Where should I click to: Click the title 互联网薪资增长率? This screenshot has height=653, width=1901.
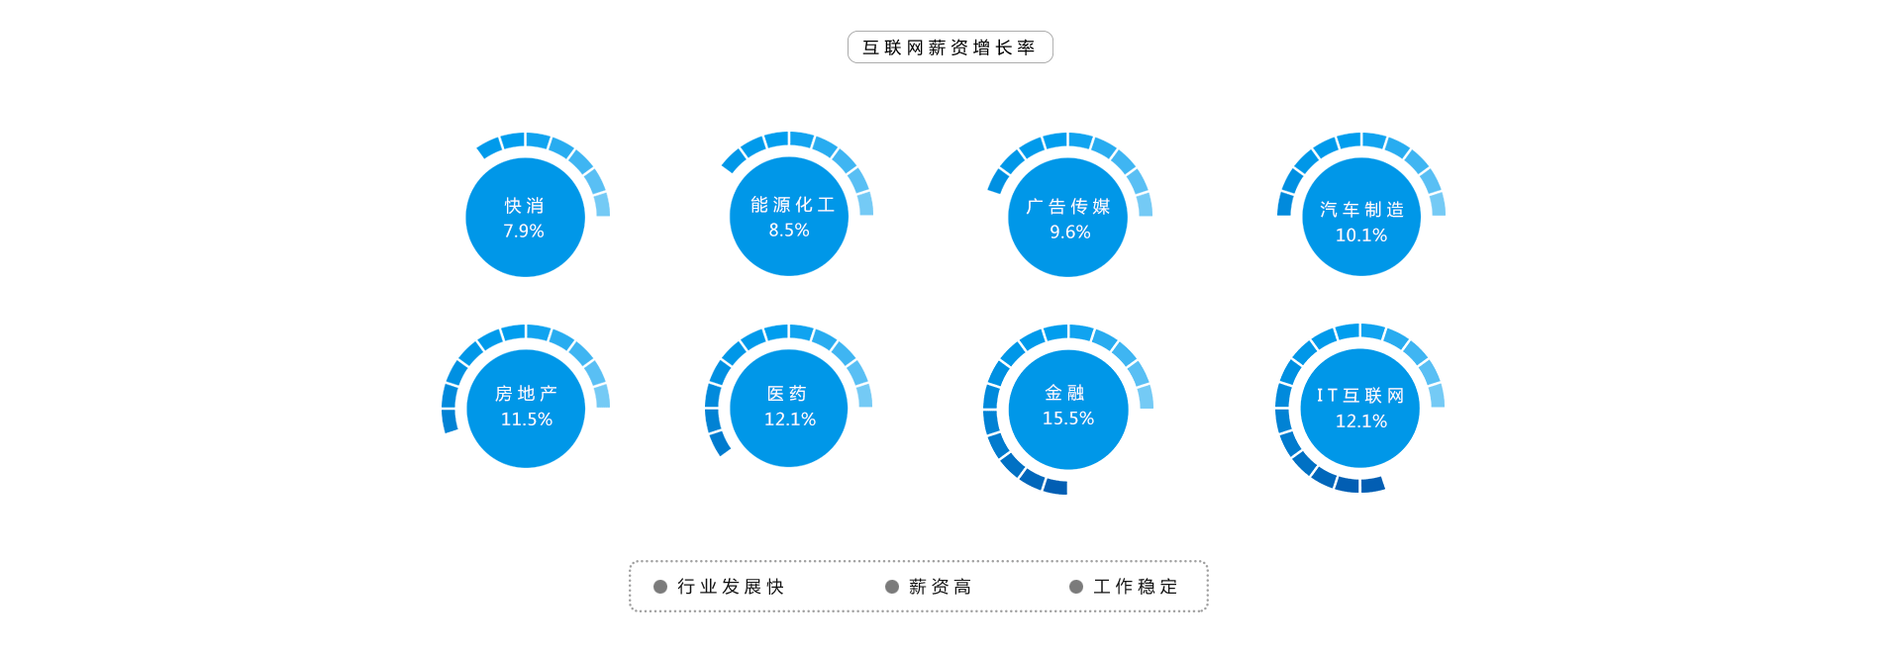[x=950, y=47]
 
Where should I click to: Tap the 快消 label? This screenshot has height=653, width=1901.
[x=525, y=206]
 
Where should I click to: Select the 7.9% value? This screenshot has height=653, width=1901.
[x=524, y=231]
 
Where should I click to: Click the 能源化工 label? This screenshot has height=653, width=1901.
[x=792, y=205]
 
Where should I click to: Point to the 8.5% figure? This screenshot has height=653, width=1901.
[x=789, y=230]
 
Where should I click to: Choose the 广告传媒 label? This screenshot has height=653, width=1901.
[x=1068, y=207]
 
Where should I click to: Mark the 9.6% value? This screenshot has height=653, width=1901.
[x=1070, y=232]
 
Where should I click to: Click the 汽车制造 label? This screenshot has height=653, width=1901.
[x=1362, y=210]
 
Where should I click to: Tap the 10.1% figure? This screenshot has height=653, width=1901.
[x=1361, y=235]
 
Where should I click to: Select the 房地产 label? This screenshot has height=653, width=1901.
[x=526, y=394]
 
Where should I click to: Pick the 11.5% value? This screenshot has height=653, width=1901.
[x=527, y=420]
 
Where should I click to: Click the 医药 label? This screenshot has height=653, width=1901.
[x=788, y=394]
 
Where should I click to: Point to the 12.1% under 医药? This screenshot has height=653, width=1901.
[x=790, y=420]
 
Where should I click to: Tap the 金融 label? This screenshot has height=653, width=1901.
[x=1065, y=393]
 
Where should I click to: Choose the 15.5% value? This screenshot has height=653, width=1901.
[x=1068, y=419]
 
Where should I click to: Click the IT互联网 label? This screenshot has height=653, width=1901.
[x=1360, y=396]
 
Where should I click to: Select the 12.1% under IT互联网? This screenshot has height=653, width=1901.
[x=1361, y=421]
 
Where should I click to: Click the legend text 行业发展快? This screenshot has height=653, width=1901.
[x=731, y=587]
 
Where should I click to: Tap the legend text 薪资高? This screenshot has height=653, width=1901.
[x=941, y=587]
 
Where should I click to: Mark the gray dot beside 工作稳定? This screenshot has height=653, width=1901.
[x=1076, y=587]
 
